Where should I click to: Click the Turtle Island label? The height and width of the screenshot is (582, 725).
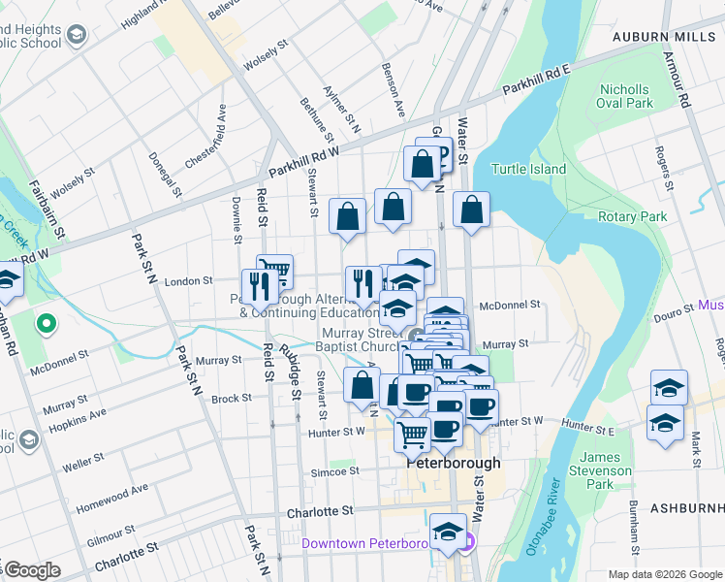[x=528, y=169]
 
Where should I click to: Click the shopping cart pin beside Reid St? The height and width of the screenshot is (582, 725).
[x=275, y=271]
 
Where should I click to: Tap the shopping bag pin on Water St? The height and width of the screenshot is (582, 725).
[x=470, y=210]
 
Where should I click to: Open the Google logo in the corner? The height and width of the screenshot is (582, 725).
[x=32, y=570]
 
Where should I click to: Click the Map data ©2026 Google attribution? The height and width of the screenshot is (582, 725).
[x=664, y=574]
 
